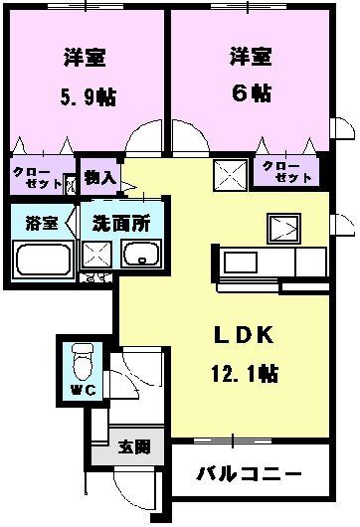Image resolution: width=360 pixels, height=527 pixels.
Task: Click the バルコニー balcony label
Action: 248,473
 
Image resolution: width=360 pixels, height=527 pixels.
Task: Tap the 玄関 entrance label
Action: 135,446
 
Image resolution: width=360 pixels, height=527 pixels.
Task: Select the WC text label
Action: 81,389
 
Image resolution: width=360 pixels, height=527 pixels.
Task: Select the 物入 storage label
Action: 100,177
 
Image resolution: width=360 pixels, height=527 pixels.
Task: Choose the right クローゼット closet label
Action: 286,171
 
